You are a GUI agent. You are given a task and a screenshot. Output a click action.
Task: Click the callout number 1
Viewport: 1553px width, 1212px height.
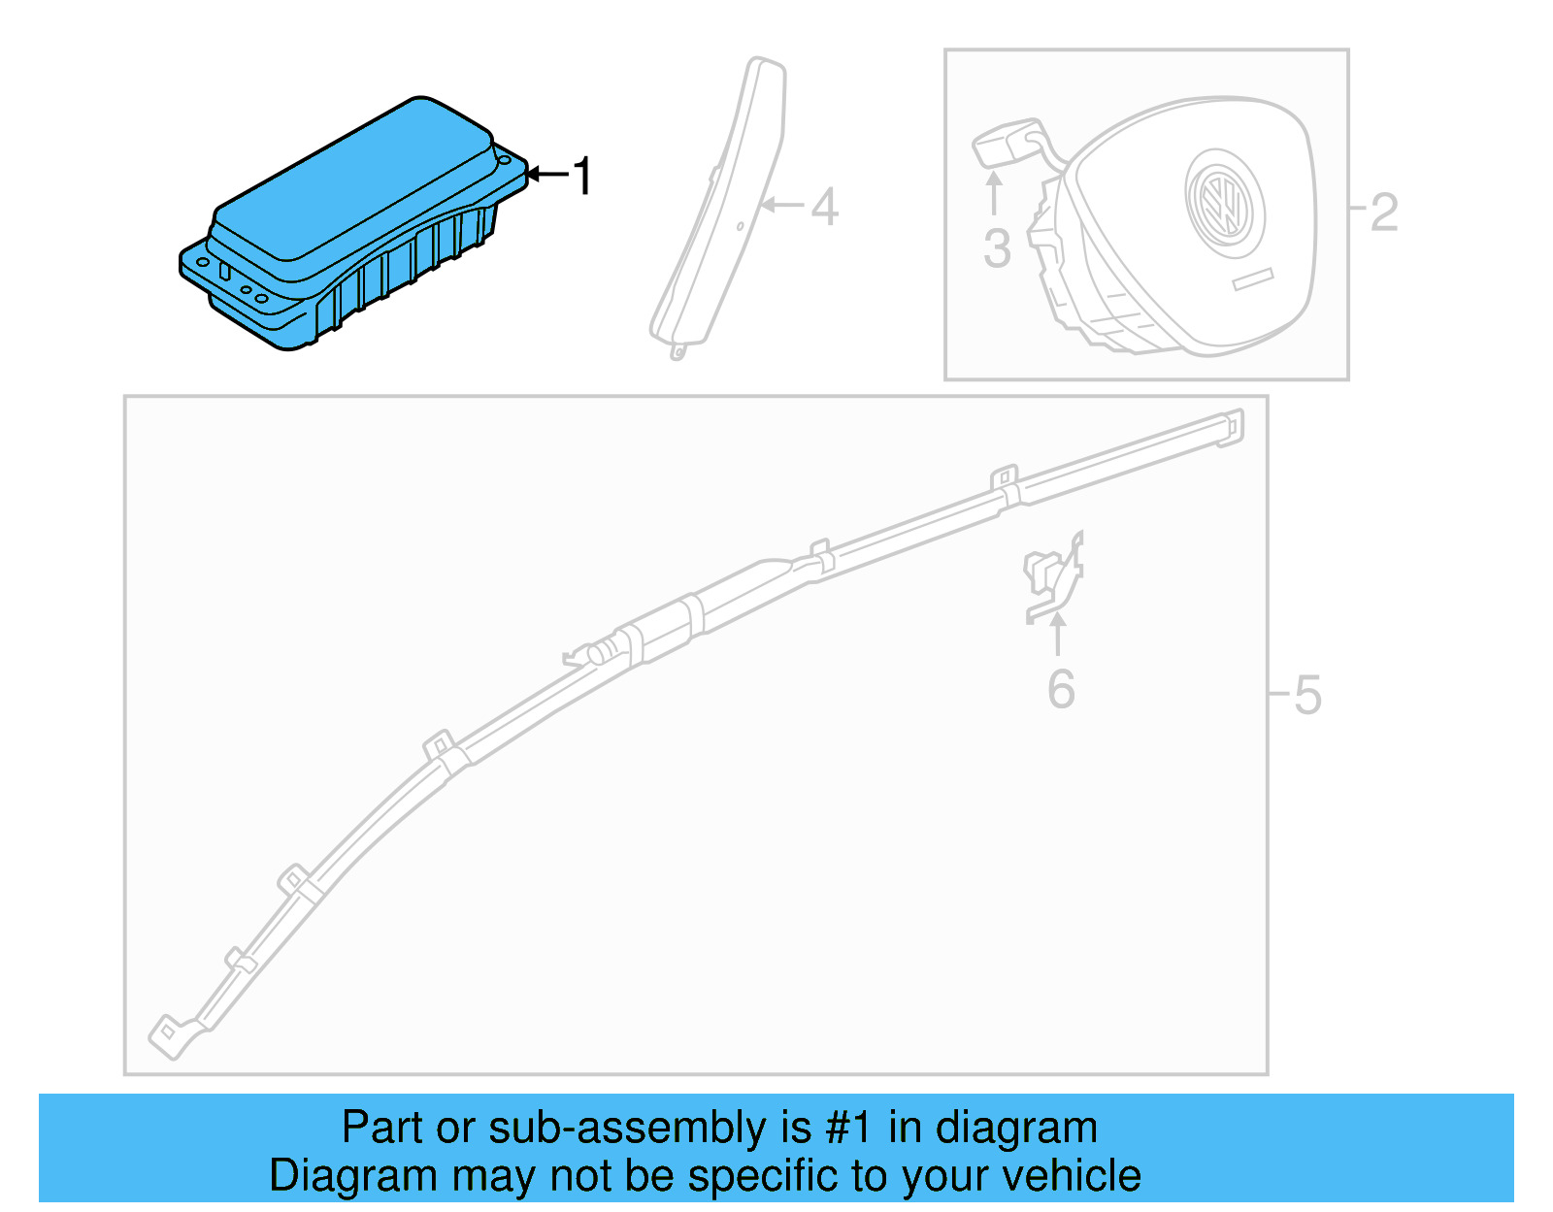(581, 177)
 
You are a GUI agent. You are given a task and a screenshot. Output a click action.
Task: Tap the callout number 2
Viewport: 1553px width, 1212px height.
(1384, 213)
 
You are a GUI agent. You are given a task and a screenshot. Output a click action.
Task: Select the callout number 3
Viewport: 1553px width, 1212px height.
(997, 248)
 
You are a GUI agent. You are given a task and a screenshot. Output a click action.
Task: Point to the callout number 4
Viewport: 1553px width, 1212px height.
(824, 207)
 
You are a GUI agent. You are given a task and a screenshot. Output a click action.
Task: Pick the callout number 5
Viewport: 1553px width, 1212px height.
(1307, 695)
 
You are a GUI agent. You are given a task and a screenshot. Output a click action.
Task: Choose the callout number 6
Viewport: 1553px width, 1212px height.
(1061, 689)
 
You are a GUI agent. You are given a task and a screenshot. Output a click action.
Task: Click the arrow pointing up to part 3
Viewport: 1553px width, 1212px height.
(994, 192)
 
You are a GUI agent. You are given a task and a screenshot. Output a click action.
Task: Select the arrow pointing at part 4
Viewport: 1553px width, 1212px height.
(782, 205)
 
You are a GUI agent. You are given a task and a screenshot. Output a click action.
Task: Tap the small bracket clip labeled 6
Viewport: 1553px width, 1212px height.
(1053, 577)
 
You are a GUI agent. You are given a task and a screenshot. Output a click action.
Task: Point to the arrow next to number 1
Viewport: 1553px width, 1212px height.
(548, 175)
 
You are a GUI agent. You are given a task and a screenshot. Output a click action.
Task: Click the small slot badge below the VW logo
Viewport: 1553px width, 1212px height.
(1252, 278)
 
